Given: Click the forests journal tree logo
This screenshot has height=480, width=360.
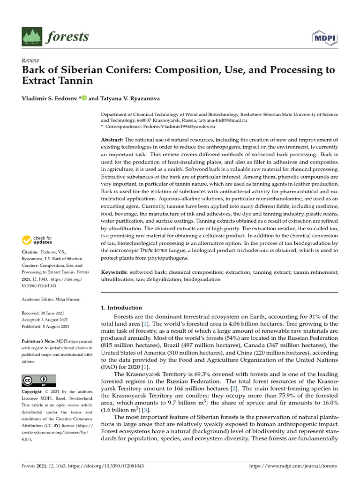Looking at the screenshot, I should (32, 37).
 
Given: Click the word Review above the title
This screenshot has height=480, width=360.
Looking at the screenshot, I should (30, 60).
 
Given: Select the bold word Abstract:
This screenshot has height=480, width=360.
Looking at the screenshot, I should (113, 140).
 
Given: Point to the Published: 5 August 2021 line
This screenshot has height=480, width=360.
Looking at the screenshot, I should (45, 326).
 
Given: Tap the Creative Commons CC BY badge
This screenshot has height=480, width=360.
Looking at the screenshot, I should (39, 380).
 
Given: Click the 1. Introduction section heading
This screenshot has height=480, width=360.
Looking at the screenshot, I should (122, 308).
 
